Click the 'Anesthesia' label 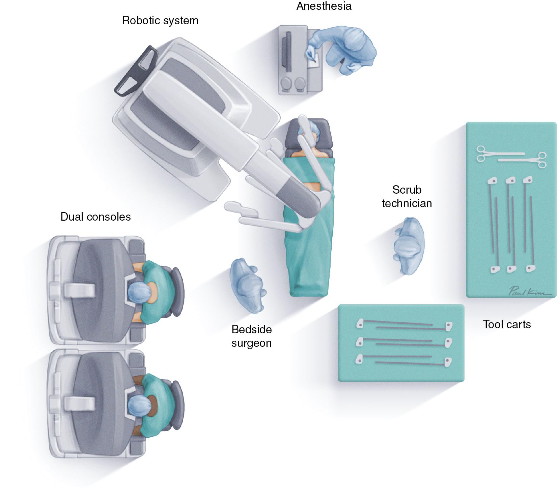324,6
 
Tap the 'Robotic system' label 160,21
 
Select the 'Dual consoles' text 95,217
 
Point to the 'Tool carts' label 507,324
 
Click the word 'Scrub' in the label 407,190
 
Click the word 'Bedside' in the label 251,329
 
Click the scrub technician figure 409,246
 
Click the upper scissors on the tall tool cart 499,153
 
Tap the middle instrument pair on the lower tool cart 403,342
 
